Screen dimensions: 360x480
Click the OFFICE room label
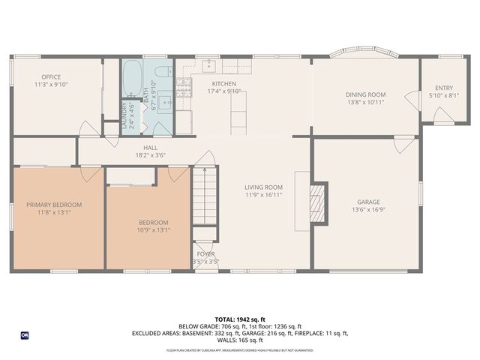pyautogui.click(x=51, y=76)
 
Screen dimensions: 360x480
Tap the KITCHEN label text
pyautogui.click(x=223, y=83)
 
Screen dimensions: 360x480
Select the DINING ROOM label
pyautogui.click(x=365, y=94)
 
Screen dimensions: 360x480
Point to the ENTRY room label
pyautogui.click(x=444, y=88)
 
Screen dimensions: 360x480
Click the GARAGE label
pyautogui.click(x=368, y=202)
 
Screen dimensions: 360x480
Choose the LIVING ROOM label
pyautogui.click(x=263, y=187)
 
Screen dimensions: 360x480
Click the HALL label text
pyautogui.click(x=151, y=148)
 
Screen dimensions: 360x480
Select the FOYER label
pyautogui.click(x=205, y=254)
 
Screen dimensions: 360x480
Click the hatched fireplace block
pyautogui.click(x=319, y=202)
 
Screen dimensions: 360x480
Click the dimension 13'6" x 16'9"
pyautogui.click(x=368, y=211)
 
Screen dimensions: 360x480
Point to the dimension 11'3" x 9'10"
pyautogui.click(x=51, y=85)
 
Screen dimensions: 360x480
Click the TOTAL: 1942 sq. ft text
pyautogui.click(x=239, y=319)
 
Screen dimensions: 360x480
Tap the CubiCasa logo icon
pyautogui.click(x=25, y=334)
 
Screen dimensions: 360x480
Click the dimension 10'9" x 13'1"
pyautogui.click(x=153, y=230)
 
